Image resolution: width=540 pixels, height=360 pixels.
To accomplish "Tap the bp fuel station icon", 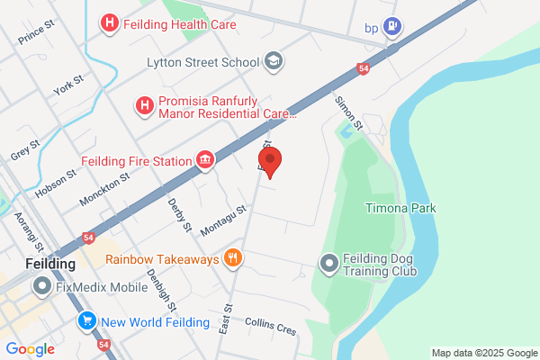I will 391,27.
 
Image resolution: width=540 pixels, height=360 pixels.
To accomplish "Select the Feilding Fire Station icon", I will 206,161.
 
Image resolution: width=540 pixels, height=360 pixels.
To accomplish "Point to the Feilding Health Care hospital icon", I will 110,24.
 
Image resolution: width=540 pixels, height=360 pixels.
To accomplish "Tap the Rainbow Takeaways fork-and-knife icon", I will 233,259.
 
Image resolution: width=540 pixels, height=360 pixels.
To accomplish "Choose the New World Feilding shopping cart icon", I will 87,320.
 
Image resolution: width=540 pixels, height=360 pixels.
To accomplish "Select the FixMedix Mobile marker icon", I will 41,288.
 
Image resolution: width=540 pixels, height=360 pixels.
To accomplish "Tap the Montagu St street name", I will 223,220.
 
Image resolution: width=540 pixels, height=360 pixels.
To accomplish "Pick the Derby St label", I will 180,214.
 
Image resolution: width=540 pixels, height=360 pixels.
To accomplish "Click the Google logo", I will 30,349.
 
